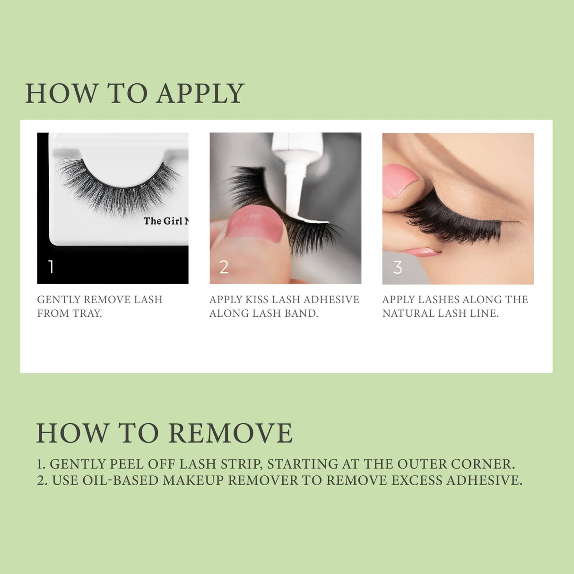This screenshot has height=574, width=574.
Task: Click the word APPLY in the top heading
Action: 200,93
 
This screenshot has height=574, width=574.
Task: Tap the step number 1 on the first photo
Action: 51,267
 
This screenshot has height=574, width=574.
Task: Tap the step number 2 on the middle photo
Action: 224,267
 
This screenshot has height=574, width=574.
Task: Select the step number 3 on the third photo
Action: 398,268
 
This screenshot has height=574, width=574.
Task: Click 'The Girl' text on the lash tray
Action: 163,221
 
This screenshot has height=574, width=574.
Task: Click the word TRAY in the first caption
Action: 87,313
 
